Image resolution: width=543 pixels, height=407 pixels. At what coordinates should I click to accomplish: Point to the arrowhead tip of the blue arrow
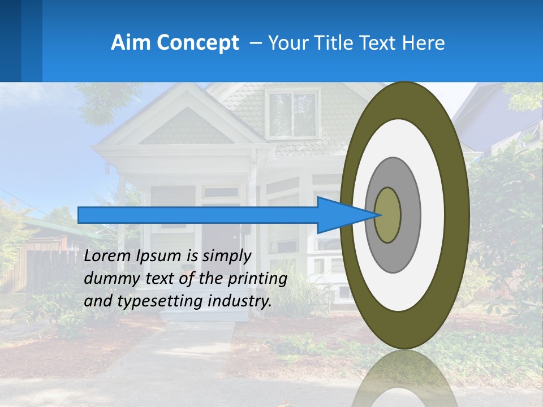pyautogui.click(x=376, y=215)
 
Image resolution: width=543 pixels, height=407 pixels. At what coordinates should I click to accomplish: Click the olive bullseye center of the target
pyautogui.click(x=388, y=215)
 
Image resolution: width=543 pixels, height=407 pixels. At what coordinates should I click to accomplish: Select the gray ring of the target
pyautogui.click(x=410, y=215)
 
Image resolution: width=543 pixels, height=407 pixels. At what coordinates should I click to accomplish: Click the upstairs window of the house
pyautogui.click(x=292, y=115)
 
